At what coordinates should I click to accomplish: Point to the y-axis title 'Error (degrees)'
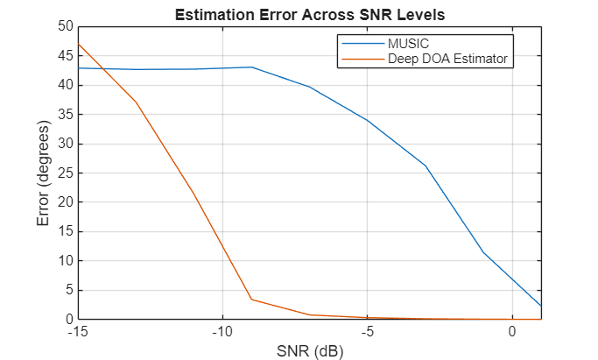pos(44,173)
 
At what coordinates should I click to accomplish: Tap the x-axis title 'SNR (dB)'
pos(309,350)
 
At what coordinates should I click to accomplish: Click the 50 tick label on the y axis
pos(65,26)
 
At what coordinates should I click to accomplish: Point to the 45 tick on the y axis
pos(65,56)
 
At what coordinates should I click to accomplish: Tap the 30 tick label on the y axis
pos(65,144)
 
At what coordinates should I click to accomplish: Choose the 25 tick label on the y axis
pos(65,173)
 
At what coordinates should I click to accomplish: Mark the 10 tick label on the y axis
pos(65,261)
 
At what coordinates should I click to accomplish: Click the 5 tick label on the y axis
pos(68,291)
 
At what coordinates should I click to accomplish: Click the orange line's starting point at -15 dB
pos(78,44)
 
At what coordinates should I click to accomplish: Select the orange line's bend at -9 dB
pos(251,300)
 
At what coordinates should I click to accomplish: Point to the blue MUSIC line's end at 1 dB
pos(540,306)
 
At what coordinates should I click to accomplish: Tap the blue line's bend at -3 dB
pos(426,166)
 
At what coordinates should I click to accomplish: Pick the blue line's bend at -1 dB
pos(482,252)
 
